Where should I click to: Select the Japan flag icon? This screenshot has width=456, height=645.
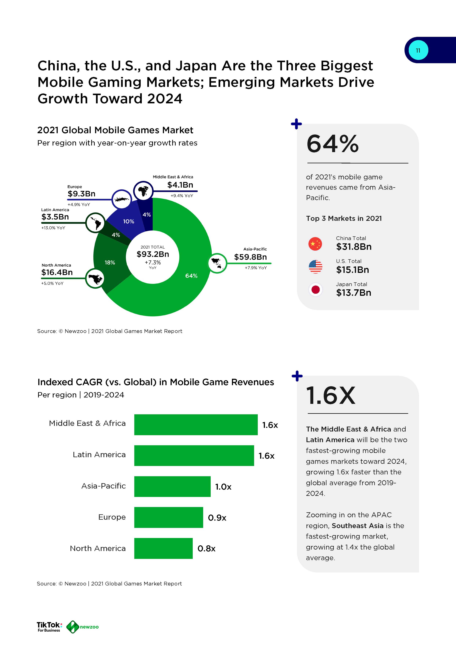(x=315, y=290)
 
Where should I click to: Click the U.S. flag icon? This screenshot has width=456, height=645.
(x=315, y=267)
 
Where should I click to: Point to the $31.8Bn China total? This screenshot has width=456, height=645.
(x=354, y=247)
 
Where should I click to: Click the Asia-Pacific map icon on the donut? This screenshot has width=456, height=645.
(x=217, y=263)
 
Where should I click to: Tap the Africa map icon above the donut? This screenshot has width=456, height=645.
(x=143, y=191)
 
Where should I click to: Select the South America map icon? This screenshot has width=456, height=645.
(x=95, y=222)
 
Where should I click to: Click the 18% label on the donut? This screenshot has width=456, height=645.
(x=110, y=262)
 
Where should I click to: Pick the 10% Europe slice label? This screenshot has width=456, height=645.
(x=129, y=221)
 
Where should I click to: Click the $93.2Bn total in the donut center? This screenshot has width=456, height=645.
(x=153, y=254)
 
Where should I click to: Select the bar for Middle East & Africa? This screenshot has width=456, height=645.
(x=196, y=425)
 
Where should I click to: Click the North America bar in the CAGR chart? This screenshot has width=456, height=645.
(x=163, y=548)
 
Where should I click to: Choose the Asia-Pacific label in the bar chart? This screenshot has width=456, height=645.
(x=103, y=486)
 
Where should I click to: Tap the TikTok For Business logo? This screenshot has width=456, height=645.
(x=49, y=626)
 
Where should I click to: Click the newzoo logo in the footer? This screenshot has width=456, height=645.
(x=83, y=627)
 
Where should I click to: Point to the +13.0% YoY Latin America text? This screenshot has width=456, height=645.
(x=53, y=228)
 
